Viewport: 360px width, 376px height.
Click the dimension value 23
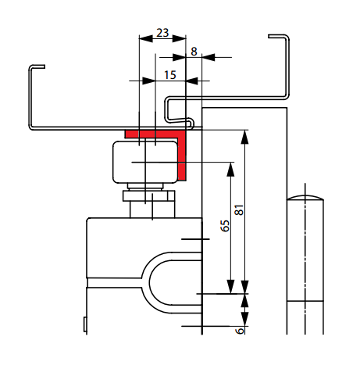point(162,33)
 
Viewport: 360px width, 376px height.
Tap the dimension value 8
point(194,52)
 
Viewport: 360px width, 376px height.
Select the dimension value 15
point(170,75)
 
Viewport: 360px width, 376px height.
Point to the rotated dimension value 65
point(225,226)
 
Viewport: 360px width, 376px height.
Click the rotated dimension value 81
point(239,210)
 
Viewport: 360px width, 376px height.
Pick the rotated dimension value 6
point(240,331)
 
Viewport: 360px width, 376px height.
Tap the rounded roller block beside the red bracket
point(145,162)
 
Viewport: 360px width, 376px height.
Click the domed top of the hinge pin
point(305,197)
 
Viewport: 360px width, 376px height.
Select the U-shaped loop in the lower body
point(146,283)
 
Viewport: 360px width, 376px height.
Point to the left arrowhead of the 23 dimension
point(146,38)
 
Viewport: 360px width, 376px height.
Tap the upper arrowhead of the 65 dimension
point(230,170)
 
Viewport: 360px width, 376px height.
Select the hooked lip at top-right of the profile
point(279,37)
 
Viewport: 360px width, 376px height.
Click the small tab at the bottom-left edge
point(85,324)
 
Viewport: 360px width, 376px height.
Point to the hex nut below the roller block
point(148,196)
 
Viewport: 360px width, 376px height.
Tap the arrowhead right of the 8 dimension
point(209,57)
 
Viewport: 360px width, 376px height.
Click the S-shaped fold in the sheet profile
point(180,112)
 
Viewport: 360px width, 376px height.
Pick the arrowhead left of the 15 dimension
point(149,81)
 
